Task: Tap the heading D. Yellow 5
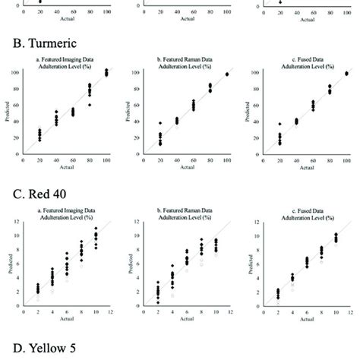(36, 350)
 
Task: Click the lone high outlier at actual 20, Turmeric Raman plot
(159, 123)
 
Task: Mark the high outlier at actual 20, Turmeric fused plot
(279, 124)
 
